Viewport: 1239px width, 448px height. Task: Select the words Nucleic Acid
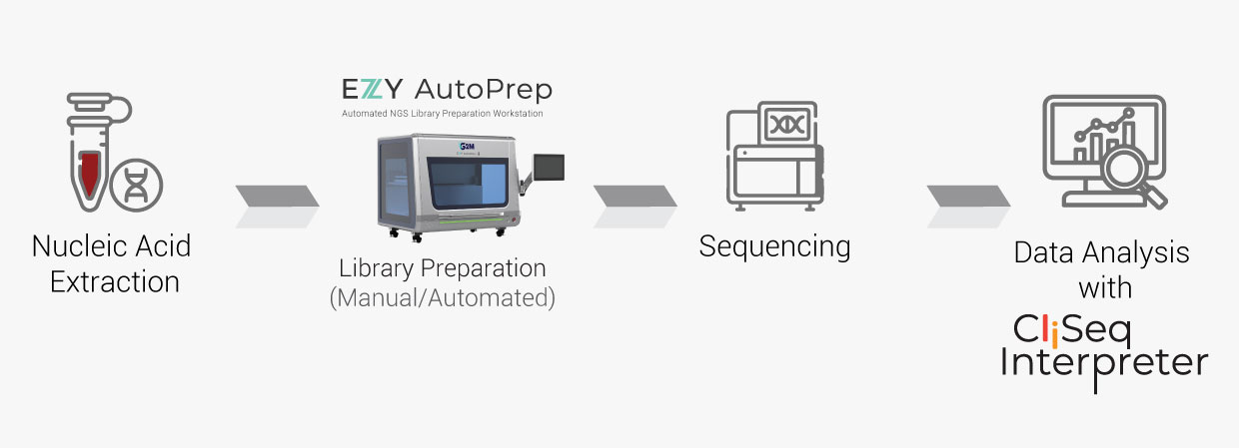tap(111, 245)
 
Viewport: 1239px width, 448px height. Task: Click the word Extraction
tap(114, 282)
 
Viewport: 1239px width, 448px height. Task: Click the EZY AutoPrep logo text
tap(446, 89)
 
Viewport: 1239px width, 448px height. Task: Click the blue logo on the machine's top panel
tap(466, 147)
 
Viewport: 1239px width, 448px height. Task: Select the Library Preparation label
tap(443, 268)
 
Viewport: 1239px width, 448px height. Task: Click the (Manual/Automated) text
tap(443, 297)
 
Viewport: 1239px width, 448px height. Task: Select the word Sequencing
tap(774, 245)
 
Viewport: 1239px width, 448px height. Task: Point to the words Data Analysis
tap(1101, 252)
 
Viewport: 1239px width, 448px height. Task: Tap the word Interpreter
tap(1103, 363)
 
